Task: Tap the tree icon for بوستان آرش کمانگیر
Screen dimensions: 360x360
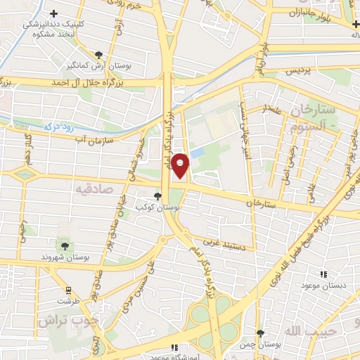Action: [99, 55]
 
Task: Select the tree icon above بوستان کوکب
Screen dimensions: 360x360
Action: [157, 197]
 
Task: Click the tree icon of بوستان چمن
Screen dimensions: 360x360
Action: [260, 332]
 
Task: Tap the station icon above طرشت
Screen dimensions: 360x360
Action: [68, 290]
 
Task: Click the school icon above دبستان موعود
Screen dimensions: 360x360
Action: [323, 274]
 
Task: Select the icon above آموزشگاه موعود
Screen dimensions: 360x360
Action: [175, 347]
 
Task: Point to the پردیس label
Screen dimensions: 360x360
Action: [296, 71]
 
